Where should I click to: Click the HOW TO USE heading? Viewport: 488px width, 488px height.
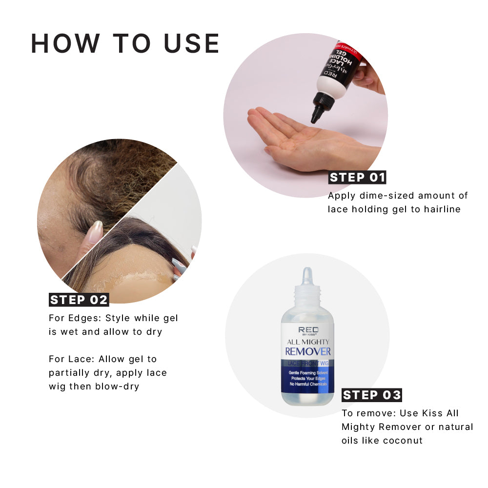pyautogui.click(x=125, y=43)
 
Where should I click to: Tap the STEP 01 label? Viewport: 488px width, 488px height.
pyautogui.click(x=357, y=178)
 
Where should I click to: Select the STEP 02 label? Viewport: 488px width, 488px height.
pyautogui.click(x=79, y=300)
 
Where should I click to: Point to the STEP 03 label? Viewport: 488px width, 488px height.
pyautogui.click(x=371, y=395)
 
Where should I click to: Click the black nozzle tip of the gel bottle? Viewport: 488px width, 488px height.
pyautogui.click(x=316, y=117)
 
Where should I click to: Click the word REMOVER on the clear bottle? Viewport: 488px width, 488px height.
pyautogui.click(x=308, y=352)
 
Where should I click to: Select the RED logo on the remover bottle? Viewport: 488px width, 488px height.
pyautogui.click(x=308, y=330)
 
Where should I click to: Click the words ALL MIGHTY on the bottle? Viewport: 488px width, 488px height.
pyautogui.click(x=308, y=342)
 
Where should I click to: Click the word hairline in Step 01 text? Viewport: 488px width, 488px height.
pyautogui.click(x=442, y=209)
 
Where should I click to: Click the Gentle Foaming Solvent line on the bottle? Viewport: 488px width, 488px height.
pyautogui.click(x=308, y=372)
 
